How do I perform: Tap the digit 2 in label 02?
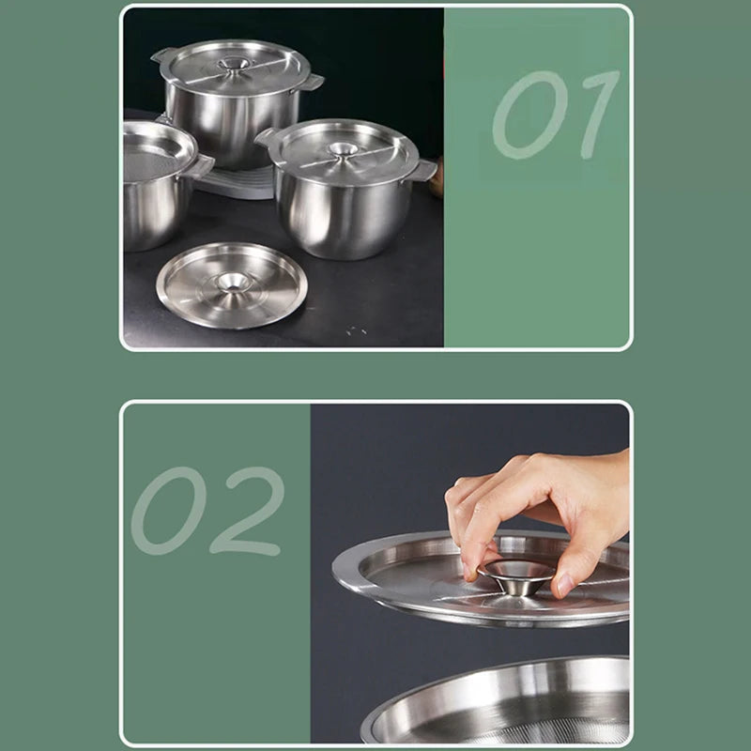[x=246, y=512]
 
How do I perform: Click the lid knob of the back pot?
[x=234, y=66]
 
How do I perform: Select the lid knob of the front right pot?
[x=342, y=149]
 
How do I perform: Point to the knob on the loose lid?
[x=232, y=281]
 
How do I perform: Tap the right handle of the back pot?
[x=309, y=84]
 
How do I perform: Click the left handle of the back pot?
[x=163, y=57]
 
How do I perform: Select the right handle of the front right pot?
[x=424, y=171]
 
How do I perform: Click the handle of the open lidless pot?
[x=200, y=167]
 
